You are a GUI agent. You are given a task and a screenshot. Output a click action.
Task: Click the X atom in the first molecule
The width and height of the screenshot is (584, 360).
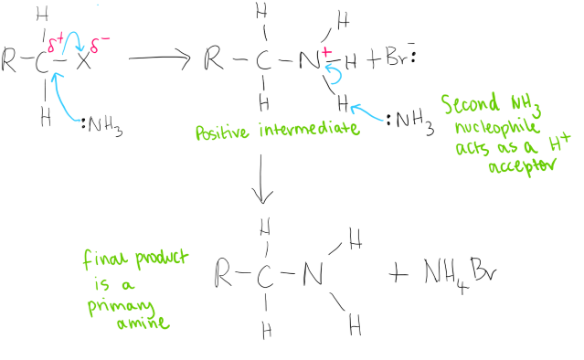[x=84, y=60]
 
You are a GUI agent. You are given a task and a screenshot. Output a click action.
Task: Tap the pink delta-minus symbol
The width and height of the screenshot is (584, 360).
[x=100, y=44]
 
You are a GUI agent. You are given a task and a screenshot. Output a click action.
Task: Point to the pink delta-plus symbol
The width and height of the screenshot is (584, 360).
[x=56, y=43]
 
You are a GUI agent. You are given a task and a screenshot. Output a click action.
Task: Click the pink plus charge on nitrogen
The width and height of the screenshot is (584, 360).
[x=326, y=51]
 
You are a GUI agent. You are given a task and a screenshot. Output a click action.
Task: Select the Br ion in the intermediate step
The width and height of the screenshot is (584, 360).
[x=400, y=57]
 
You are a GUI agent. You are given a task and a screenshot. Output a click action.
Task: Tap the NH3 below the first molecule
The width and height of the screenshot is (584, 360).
[x=102, y=126]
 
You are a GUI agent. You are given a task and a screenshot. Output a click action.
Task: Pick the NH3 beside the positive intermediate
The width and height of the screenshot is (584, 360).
[x=410, y=122]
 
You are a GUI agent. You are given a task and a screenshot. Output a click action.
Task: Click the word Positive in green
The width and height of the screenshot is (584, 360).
[x=222, y=132]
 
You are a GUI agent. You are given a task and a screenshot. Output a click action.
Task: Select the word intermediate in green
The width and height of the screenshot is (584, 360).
[x=310, y=129]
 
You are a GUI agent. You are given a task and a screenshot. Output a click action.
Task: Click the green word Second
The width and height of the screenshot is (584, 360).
[x=471, y=103]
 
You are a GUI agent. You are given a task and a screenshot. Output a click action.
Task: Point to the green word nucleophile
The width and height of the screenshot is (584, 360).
[x=497, y=127]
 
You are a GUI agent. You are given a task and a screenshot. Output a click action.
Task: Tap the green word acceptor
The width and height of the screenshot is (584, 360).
[x=522, y=165]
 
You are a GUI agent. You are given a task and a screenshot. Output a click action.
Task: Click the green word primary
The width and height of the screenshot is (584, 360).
[x=121, y=306]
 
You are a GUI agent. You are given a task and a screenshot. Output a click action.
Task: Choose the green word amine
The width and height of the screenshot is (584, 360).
[x=143, y=323]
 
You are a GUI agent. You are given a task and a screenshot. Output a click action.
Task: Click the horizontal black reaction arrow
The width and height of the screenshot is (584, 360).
[x=159, y=58]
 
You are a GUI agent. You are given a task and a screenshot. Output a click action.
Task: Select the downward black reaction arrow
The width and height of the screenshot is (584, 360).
[x=261, y=179]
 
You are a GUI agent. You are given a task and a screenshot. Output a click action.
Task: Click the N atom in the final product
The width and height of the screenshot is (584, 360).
[x=313, y=273]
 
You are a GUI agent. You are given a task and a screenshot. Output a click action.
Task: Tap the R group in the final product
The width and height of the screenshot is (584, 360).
[x=223, y=273]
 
